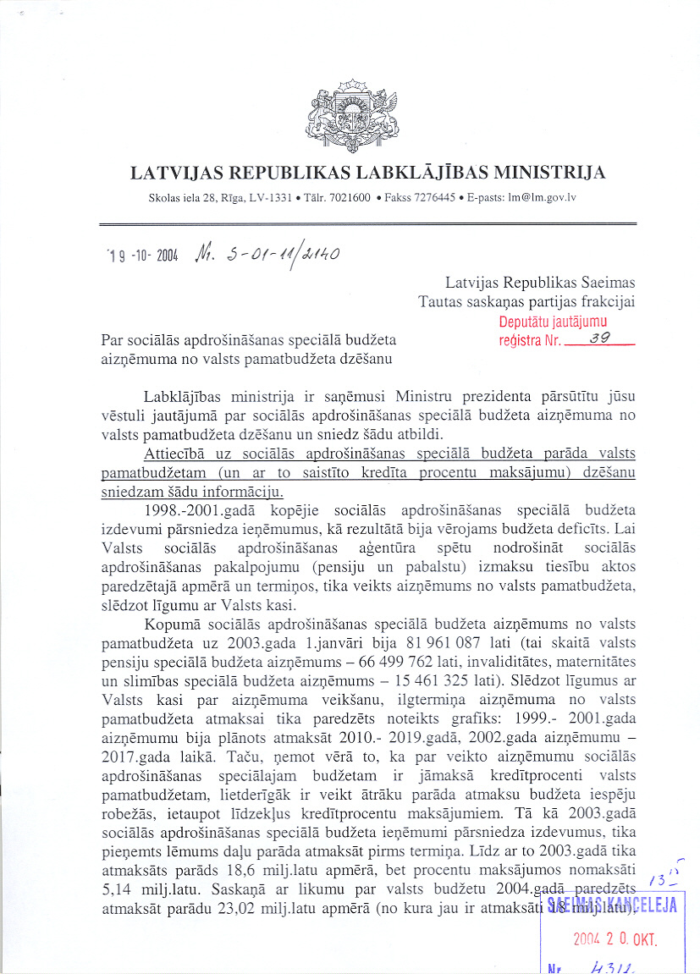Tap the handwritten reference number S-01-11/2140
click(268, 252)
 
